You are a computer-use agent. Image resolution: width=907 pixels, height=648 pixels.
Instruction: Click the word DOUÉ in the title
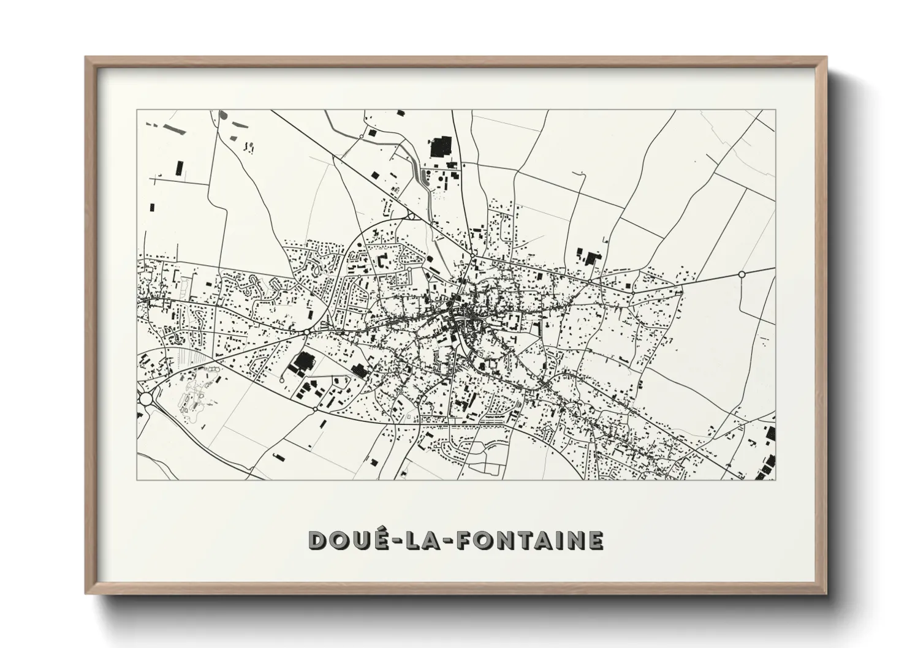346,540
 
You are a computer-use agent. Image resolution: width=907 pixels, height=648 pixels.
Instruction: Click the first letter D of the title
317,540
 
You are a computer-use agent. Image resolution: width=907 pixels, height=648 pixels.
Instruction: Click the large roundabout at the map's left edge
146,399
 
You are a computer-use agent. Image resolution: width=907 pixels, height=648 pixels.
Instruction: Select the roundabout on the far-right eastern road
742,274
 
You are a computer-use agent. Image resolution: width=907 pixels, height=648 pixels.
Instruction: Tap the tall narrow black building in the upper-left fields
179,167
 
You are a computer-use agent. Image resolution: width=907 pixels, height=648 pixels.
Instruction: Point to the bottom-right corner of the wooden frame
827,593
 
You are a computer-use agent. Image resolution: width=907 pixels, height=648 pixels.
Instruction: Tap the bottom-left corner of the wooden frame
86,593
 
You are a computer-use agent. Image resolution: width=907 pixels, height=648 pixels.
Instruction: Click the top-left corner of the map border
137,110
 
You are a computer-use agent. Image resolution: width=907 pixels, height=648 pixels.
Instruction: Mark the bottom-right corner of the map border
775,480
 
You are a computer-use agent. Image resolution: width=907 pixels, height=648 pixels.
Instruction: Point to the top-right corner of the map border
775,110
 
